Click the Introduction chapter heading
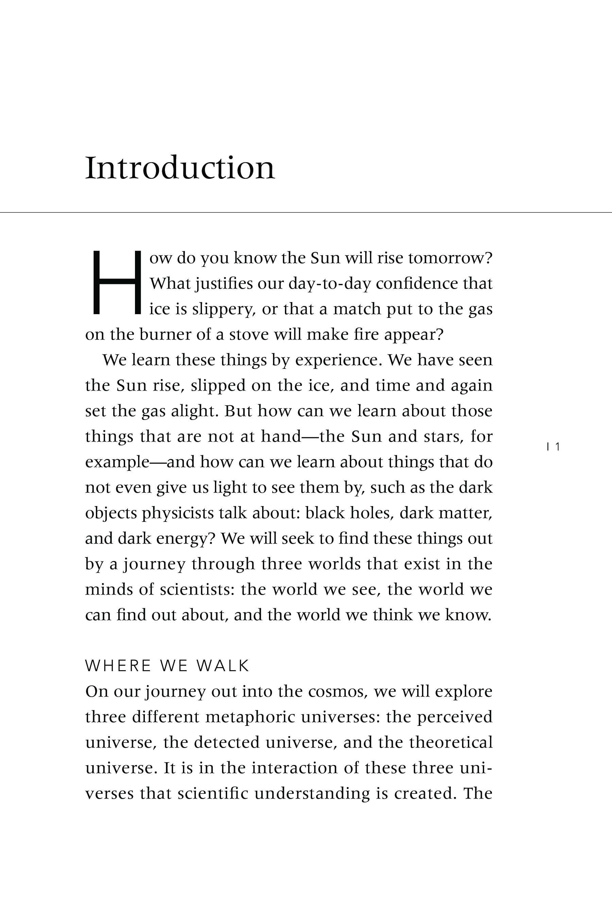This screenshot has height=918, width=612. [180, 168]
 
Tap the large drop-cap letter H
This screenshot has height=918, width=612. [116, 283]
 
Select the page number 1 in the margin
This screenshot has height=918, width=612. [557, 446]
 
